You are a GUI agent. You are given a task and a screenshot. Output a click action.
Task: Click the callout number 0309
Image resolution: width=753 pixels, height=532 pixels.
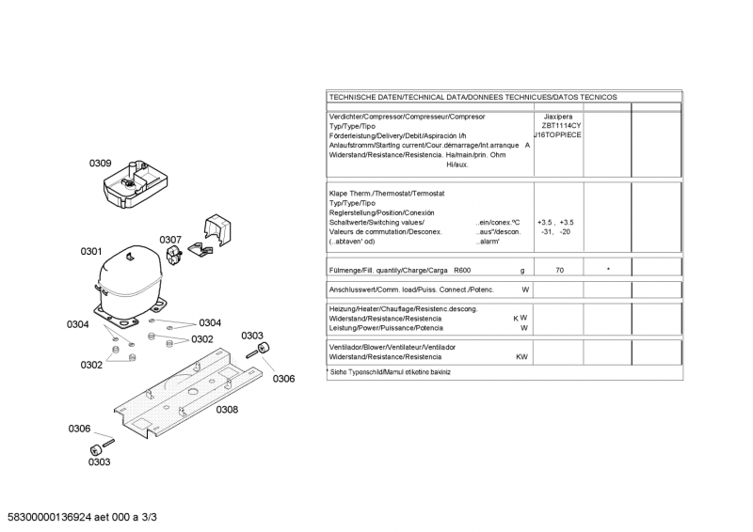[x=101, y=164]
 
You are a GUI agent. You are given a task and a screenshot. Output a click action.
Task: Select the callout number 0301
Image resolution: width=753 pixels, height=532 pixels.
[x=90, y=251]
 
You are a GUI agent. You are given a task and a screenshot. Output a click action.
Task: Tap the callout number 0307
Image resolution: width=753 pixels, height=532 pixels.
[x=169, y=240]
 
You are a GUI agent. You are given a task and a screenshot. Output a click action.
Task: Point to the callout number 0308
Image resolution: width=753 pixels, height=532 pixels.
[x=227, y=409]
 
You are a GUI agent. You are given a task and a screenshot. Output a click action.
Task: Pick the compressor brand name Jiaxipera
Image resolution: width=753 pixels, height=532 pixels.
[x=560, y=117]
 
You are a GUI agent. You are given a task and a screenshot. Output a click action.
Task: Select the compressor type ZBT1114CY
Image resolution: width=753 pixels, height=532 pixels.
[x=561, y=126]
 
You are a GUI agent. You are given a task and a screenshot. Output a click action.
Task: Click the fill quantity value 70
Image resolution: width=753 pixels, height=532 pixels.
[x=560, y=270]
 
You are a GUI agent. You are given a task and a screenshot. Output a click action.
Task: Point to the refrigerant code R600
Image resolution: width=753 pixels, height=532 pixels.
[x=463, y=270]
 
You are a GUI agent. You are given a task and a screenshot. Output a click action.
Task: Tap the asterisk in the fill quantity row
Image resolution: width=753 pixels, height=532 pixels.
[x=608, y=270]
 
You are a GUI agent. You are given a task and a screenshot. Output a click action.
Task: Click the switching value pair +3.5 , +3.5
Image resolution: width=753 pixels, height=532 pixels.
[x=555, y=222]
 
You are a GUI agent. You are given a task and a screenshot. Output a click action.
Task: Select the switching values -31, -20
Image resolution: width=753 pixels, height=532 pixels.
[x=555, y=231]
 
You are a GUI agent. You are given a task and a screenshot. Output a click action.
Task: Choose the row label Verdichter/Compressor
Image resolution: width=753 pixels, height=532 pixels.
[x=407, y=117]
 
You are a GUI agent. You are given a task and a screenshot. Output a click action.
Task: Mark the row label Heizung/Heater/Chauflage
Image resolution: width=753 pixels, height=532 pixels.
[x=403, y=309]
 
